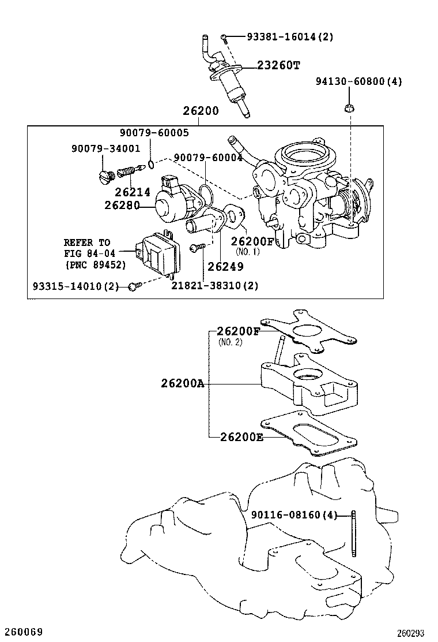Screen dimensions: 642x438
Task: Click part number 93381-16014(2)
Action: pyautogui.click(x=290, y=37)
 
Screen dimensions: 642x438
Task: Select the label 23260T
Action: pyautogui.click(x=278, y=66)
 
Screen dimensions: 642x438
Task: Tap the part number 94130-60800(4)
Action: pyautogui.click(x=358, y=81)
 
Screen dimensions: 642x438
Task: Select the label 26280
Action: pyautogui.click(x=123, y=204)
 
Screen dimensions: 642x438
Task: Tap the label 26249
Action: pyautogui.click(x=225, y=266)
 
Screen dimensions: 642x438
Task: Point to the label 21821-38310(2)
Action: pyautogui.click(x=215, y=285)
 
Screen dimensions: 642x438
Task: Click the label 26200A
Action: pyautogui.click(x=183, y=383)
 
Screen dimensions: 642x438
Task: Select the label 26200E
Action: pyautogui.click(x=241, y=437)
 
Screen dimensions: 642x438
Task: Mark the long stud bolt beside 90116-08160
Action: pyautogui.click(x=352, y=534)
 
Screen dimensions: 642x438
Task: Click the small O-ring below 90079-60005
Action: pyautogui.click(x=151, y=165)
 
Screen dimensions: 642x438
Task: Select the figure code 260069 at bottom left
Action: pyautogui.click(x=22, y=632)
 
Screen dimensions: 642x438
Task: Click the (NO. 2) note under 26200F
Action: pyautogui.click(x=231, y=342)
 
